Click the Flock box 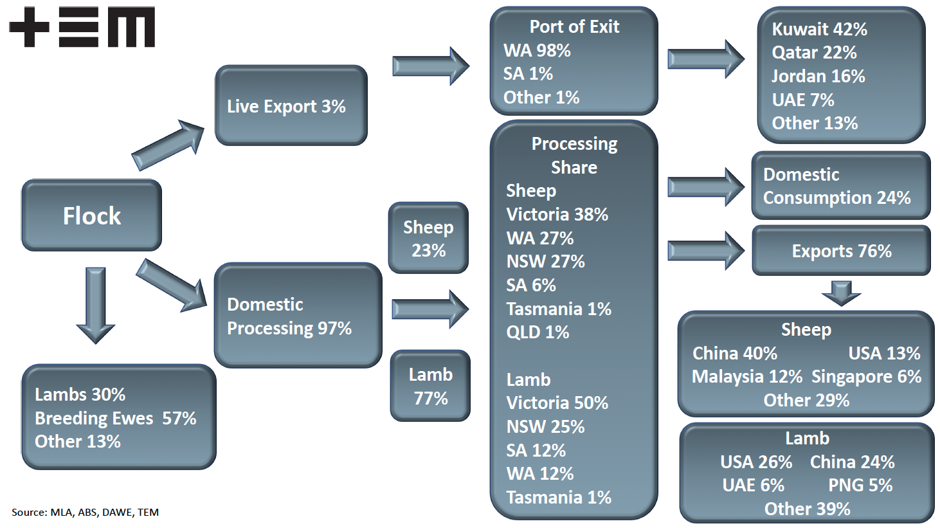click(91, 215)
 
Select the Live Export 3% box click(291, 105)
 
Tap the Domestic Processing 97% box click(297, 315)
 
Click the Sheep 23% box click(428, 238)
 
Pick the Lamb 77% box click(430, 386)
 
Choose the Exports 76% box click(841, 251)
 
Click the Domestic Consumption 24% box click(840, 186)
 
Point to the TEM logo click(82, 27)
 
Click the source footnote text click(85, 513)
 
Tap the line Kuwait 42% click(819, 29)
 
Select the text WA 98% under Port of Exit click(537, 50)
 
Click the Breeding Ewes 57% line click(115, 418)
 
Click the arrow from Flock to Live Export click(168, 145)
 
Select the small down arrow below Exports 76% click(841, 293)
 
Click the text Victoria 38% click(557, 214)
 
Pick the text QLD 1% click(538, 332)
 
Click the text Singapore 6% click(866, 376)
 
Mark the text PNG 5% click(860, 486)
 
